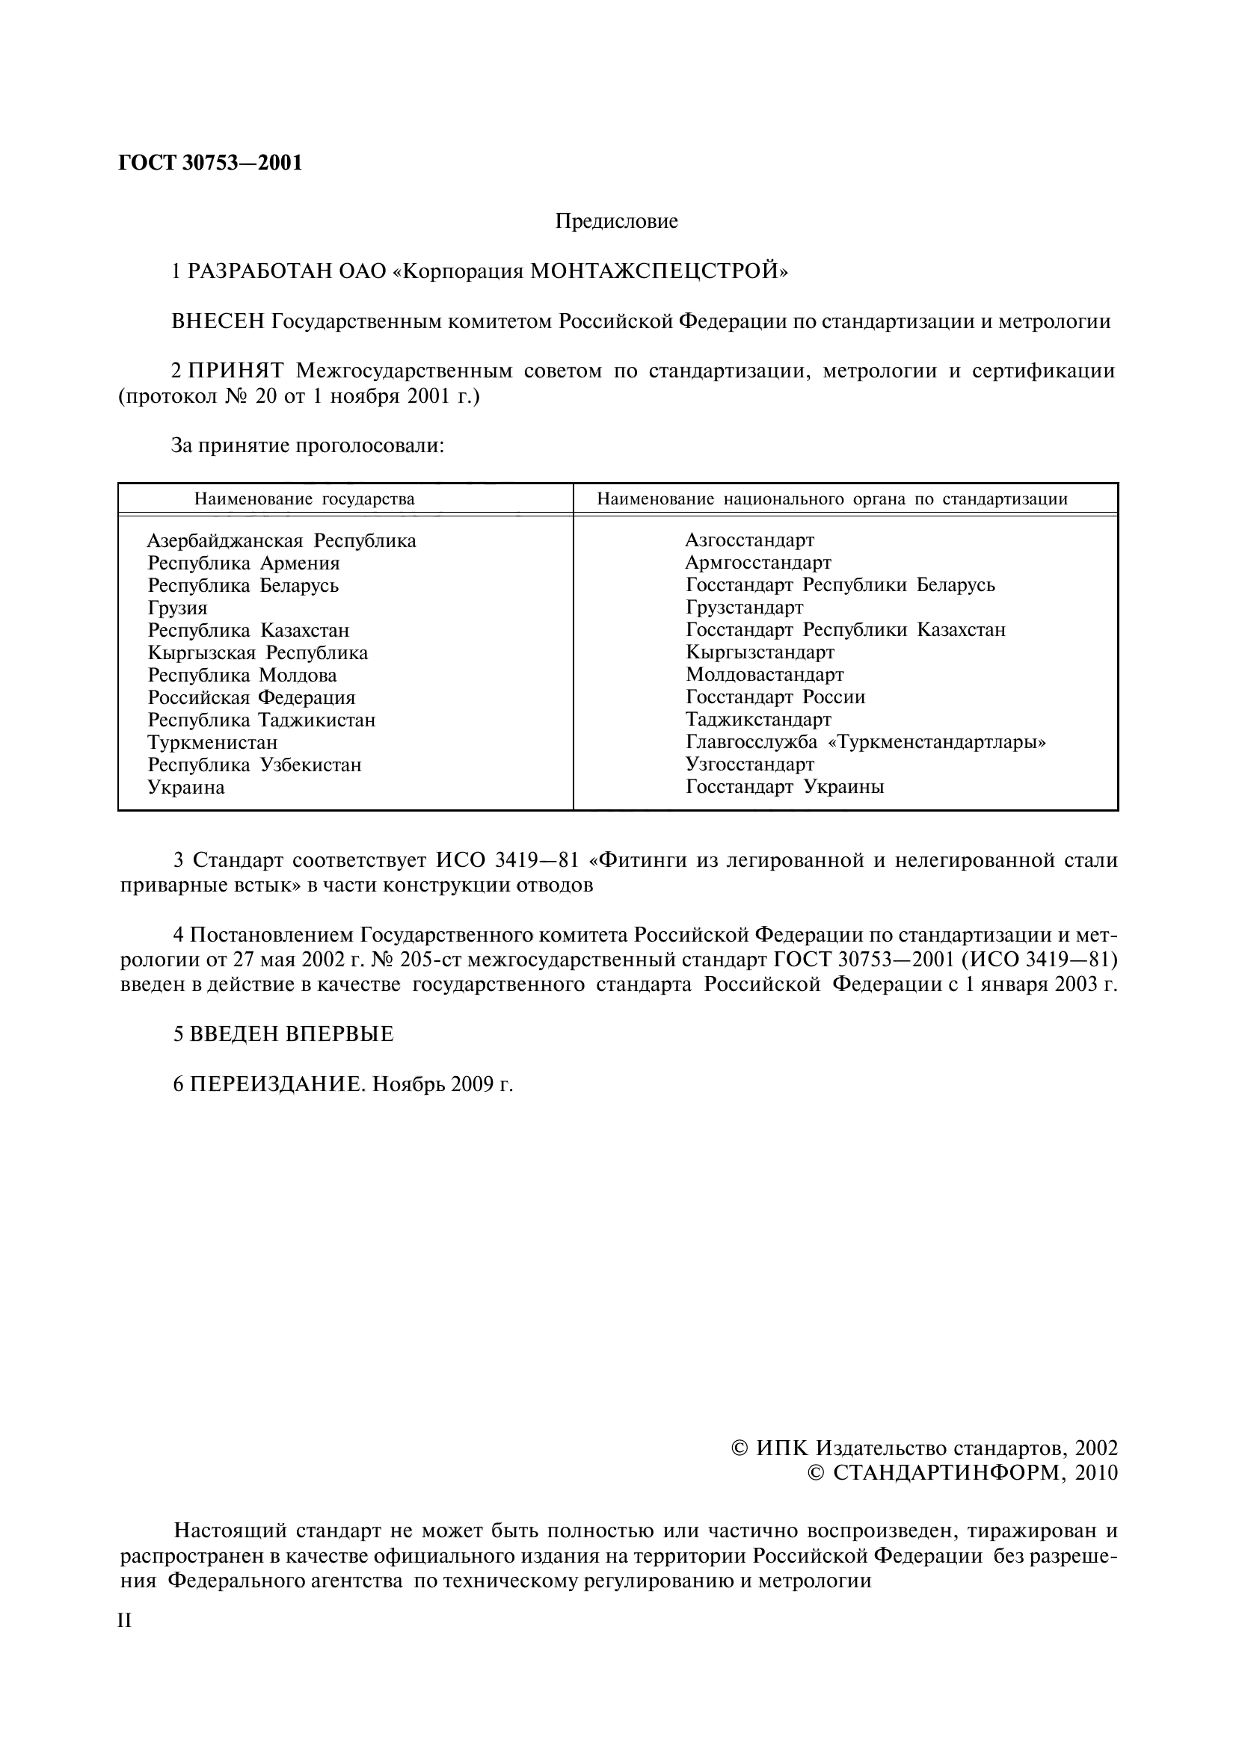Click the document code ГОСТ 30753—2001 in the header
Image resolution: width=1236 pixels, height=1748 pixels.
pos(210,163)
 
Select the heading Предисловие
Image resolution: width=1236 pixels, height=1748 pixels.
pos(616,221)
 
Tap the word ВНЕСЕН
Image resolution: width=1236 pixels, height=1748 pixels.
pos(218,321)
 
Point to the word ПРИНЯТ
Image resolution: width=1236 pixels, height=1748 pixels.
pos(236,371)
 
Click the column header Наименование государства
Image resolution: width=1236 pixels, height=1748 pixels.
pos(304,499)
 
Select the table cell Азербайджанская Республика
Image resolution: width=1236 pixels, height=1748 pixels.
pos(281,541)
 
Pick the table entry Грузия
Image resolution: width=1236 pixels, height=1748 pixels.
pos(177,608)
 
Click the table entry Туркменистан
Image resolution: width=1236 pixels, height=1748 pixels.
pos(212,742)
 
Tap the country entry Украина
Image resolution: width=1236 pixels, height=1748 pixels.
pos(186,787)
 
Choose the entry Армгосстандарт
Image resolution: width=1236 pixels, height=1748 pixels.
pos(757,563)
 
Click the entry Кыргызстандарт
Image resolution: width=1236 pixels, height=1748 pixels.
pos(759,652)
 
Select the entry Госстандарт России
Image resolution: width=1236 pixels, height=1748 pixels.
pos(775,697)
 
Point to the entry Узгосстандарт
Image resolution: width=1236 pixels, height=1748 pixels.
pos(749,765)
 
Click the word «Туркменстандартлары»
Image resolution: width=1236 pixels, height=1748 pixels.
pos(936,742)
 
